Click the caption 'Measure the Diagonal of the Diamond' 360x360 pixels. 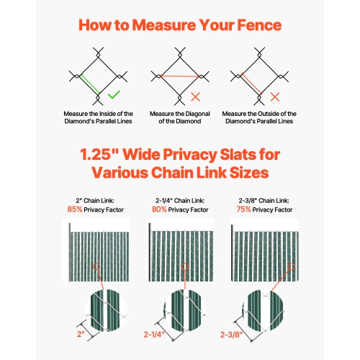point(180,117)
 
